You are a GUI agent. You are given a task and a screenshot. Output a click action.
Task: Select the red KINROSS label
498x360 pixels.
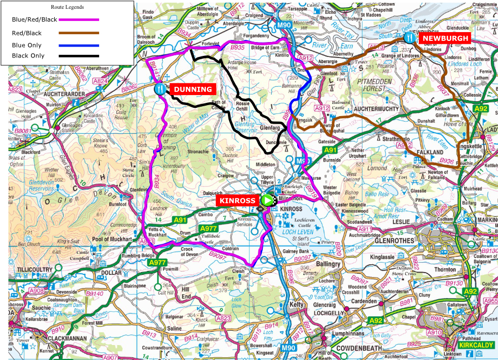237,200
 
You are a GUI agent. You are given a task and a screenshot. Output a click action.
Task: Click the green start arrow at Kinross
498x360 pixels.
268,200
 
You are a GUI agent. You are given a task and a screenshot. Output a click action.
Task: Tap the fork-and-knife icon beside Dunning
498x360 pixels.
160,88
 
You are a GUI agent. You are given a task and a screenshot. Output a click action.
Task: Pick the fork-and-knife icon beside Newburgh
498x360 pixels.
409,38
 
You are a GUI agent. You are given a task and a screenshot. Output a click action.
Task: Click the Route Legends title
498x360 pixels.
68,7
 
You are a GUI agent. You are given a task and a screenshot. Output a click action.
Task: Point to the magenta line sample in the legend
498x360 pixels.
79,19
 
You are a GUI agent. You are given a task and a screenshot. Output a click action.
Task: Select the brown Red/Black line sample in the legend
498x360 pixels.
79,33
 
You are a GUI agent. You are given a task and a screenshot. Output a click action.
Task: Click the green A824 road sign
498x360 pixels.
100,81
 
